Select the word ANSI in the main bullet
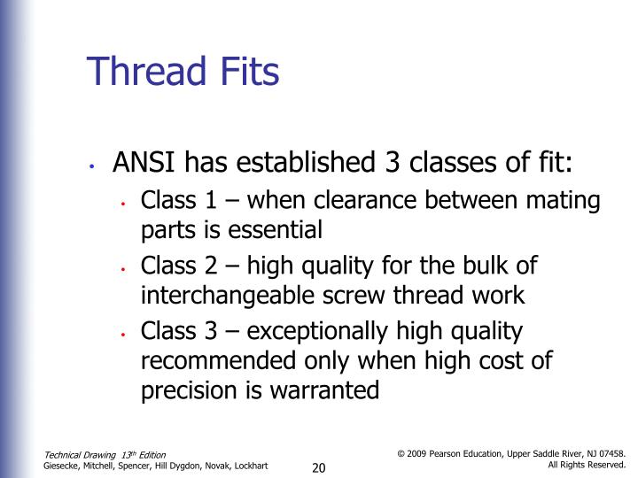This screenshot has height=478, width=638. click(140, 164)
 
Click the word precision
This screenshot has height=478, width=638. click(183, 391)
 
